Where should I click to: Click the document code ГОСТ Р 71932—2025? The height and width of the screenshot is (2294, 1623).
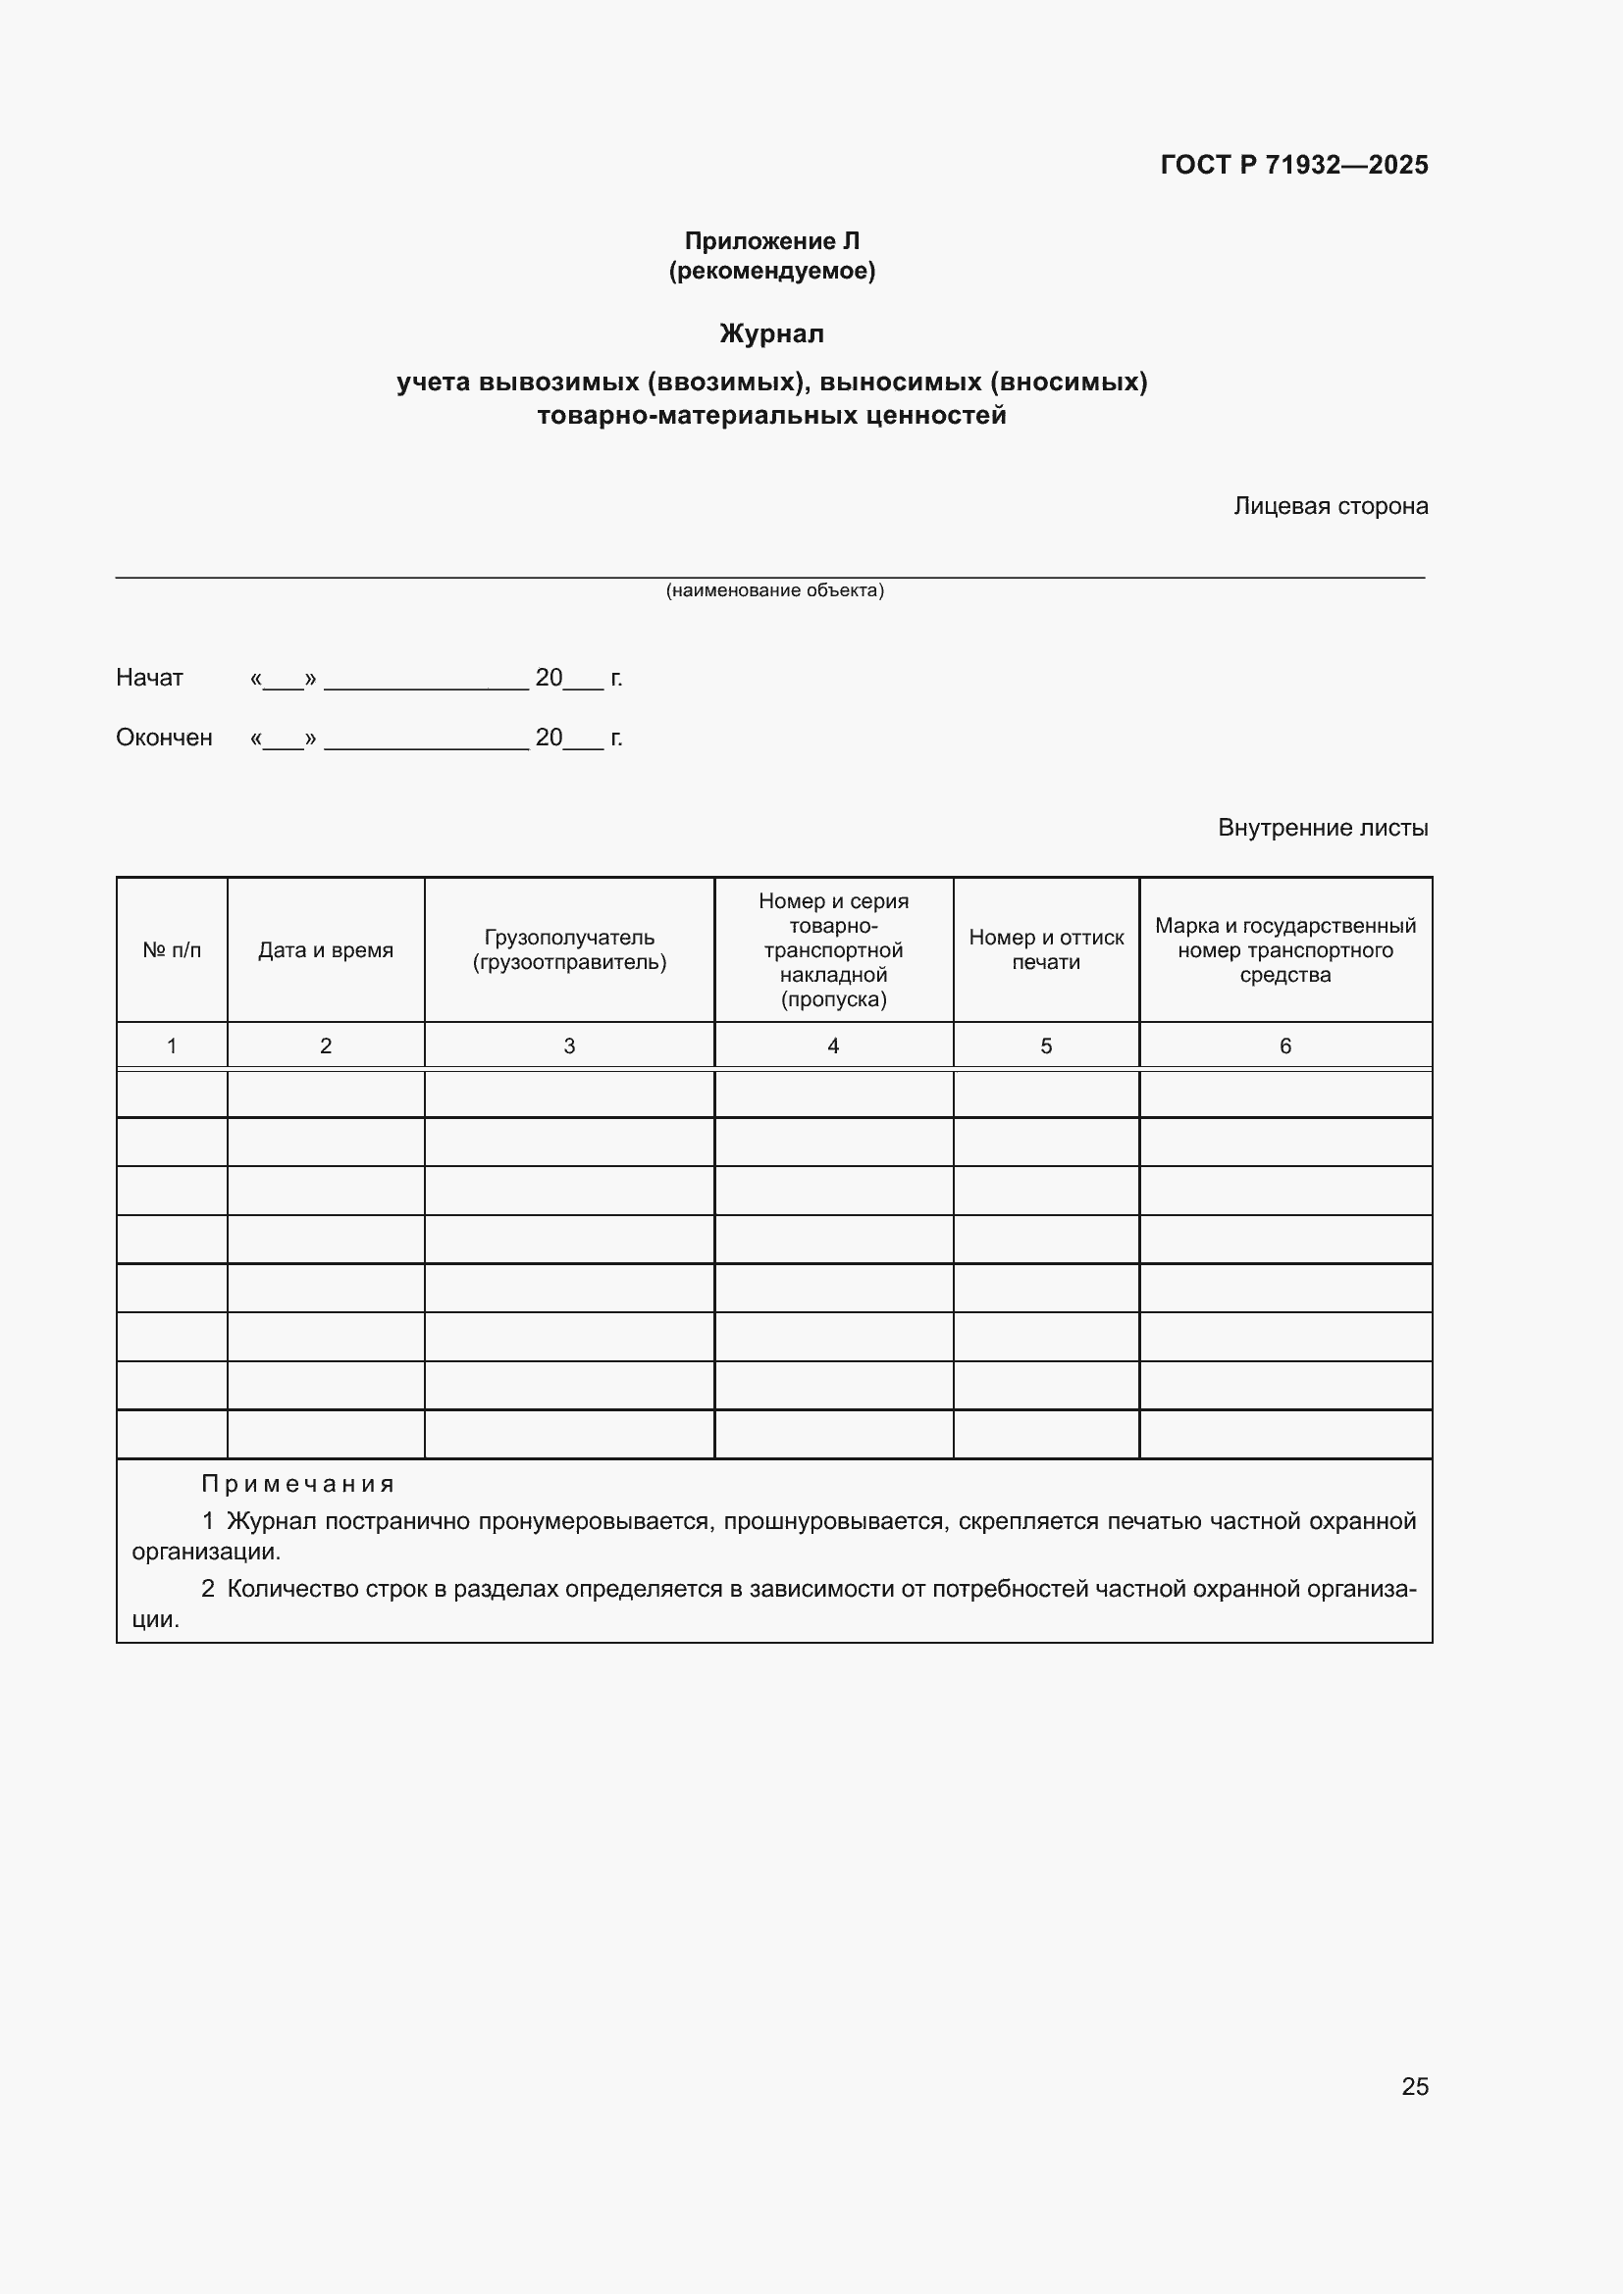point(1293,165)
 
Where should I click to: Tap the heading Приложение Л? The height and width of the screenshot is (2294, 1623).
point(771,241)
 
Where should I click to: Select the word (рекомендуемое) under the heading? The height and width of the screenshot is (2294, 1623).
point(771,271)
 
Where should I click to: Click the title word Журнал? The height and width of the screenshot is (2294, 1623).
point(771,333)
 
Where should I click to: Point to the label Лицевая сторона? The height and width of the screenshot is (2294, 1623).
point(1331,506)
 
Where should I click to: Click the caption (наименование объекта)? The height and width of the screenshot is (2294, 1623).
point(774,590)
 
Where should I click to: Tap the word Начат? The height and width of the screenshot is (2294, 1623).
point(150,678)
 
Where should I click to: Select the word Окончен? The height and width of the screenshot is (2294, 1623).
point(164,738)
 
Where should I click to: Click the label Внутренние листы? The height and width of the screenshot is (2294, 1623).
point(1322,828)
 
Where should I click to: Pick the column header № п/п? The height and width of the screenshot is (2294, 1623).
point(172,950)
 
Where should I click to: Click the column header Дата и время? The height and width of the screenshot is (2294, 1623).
point(326,950)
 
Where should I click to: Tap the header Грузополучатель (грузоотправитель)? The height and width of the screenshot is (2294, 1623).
point(569,950)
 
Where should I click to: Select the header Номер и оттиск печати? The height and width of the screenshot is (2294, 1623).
point(1045,950)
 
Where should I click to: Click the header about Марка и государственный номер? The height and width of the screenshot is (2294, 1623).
point(1285,950)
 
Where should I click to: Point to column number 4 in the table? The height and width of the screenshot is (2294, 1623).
point(832,1046)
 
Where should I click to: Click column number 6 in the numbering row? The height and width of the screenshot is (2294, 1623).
point(1285,1046)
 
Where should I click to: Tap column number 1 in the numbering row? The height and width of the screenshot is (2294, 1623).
point(172,1046)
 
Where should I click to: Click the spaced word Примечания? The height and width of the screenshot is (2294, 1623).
point(298,1485)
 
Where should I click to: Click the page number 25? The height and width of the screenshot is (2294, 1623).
point(1414,2086)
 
